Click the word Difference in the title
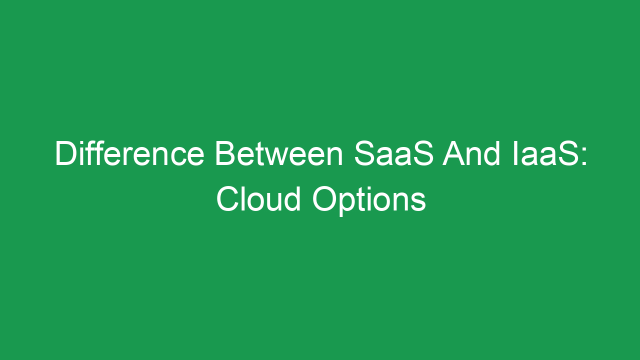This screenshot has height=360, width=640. [x=129, y=153]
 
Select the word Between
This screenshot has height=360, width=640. [x=278, y=153]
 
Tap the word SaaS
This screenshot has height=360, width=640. [x=393, y=153]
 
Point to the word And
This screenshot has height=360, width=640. [x=471, y=153]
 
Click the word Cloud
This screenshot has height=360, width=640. [x=258, y=199]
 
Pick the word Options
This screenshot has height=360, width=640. [x=369, y=200]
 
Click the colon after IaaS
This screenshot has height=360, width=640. [x=584, y=156]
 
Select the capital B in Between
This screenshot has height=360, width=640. [x=225, y=153]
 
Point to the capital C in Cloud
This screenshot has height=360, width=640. [x=227, y=199]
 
